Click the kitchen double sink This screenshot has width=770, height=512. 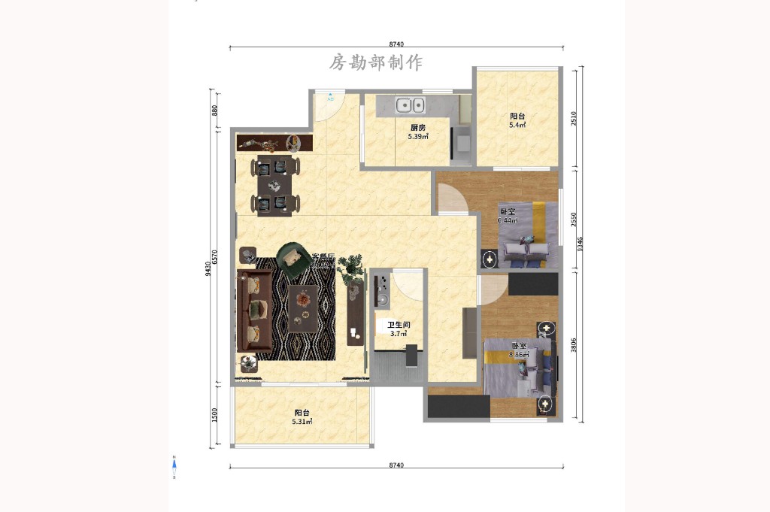411,106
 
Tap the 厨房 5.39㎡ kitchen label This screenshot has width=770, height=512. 418,132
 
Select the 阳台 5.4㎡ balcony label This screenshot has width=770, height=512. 517,120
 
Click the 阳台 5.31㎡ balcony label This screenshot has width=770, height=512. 302,417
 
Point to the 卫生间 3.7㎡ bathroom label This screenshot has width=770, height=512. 399,329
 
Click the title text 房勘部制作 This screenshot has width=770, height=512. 376,62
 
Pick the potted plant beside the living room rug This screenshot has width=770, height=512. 350,268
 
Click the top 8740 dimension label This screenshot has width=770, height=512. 396,44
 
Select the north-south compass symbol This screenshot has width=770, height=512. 174,467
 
